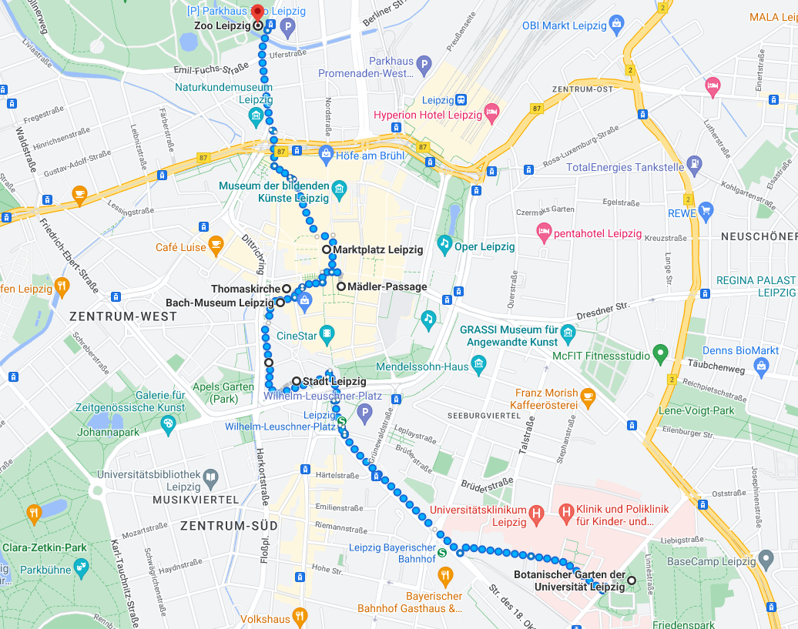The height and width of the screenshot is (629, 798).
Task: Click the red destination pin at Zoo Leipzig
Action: (x=258, y=9)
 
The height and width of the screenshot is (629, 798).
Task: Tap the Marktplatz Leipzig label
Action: (x=377, y=250)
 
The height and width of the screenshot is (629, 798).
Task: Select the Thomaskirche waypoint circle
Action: (x=286, y=289)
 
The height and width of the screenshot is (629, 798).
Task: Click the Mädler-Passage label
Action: (x=387, y=287)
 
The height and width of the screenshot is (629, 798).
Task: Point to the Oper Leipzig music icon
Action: (x=444, y=244)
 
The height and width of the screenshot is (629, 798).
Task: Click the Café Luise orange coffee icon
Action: (x=216, y=245)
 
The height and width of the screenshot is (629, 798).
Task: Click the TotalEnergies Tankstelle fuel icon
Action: (x=695, y=164)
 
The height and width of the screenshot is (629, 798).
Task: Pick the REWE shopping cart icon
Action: (x=706, y=211)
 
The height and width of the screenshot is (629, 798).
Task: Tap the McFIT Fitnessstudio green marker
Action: (x=659, y=354)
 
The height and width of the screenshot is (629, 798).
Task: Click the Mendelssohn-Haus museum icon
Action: (x=479, y=363)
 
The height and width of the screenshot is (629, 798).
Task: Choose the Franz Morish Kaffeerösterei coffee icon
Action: (x=588, y=397)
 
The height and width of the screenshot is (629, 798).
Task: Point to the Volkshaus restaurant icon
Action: (x=300, y=617)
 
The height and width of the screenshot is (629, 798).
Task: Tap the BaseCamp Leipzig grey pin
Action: (x=765, y=558)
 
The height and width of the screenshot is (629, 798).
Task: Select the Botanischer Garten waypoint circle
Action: (x=632, y=580)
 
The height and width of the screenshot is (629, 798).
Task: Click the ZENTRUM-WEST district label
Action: (x=113, y=316)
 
